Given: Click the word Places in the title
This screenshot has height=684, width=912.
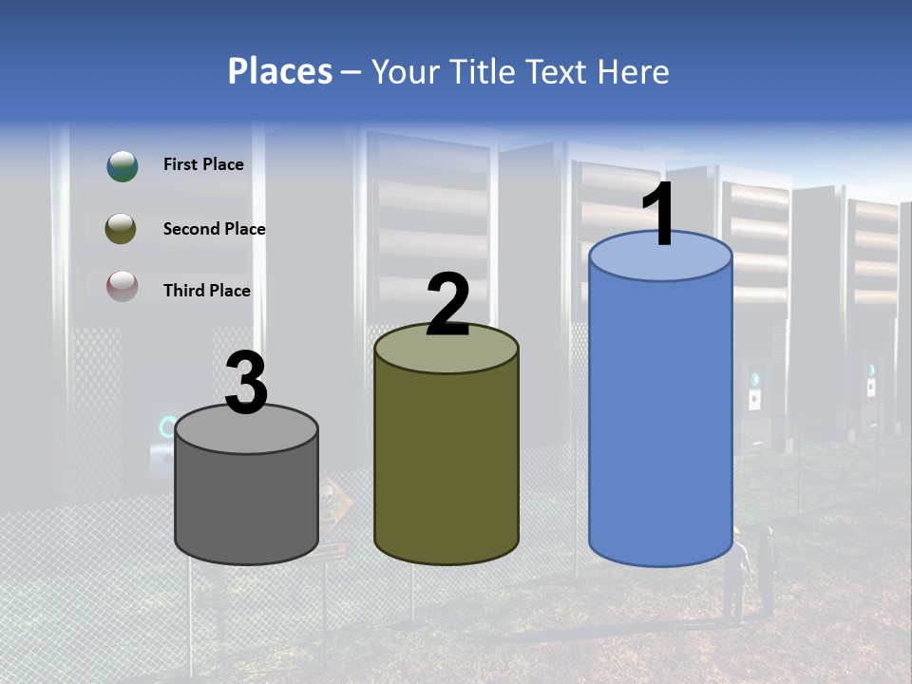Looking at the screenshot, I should pyautogui.click(x=280, y=71).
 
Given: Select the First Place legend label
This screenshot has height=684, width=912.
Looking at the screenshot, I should pyautogui.click(x=203, y=164).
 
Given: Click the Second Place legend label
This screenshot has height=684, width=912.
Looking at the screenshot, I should pyautogui.click(x=214, y=228).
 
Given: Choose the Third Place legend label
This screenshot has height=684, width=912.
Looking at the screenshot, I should pyautogui.click(x=206, y=291).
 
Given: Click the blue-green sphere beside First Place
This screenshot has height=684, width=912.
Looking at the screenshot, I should pyautogui.click(x=122, y=166).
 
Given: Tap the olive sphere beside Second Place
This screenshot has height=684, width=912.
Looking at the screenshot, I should pyautogui.click(x=121, y=229).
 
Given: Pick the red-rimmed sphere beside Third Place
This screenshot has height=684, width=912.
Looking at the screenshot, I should pyautogui.click(x=122, y=286).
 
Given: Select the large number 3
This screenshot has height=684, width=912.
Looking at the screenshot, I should pyautogui.click(x=246, y=384).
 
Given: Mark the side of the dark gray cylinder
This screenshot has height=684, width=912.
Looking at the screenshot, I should pyautogui.click(x=246, y=503).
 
